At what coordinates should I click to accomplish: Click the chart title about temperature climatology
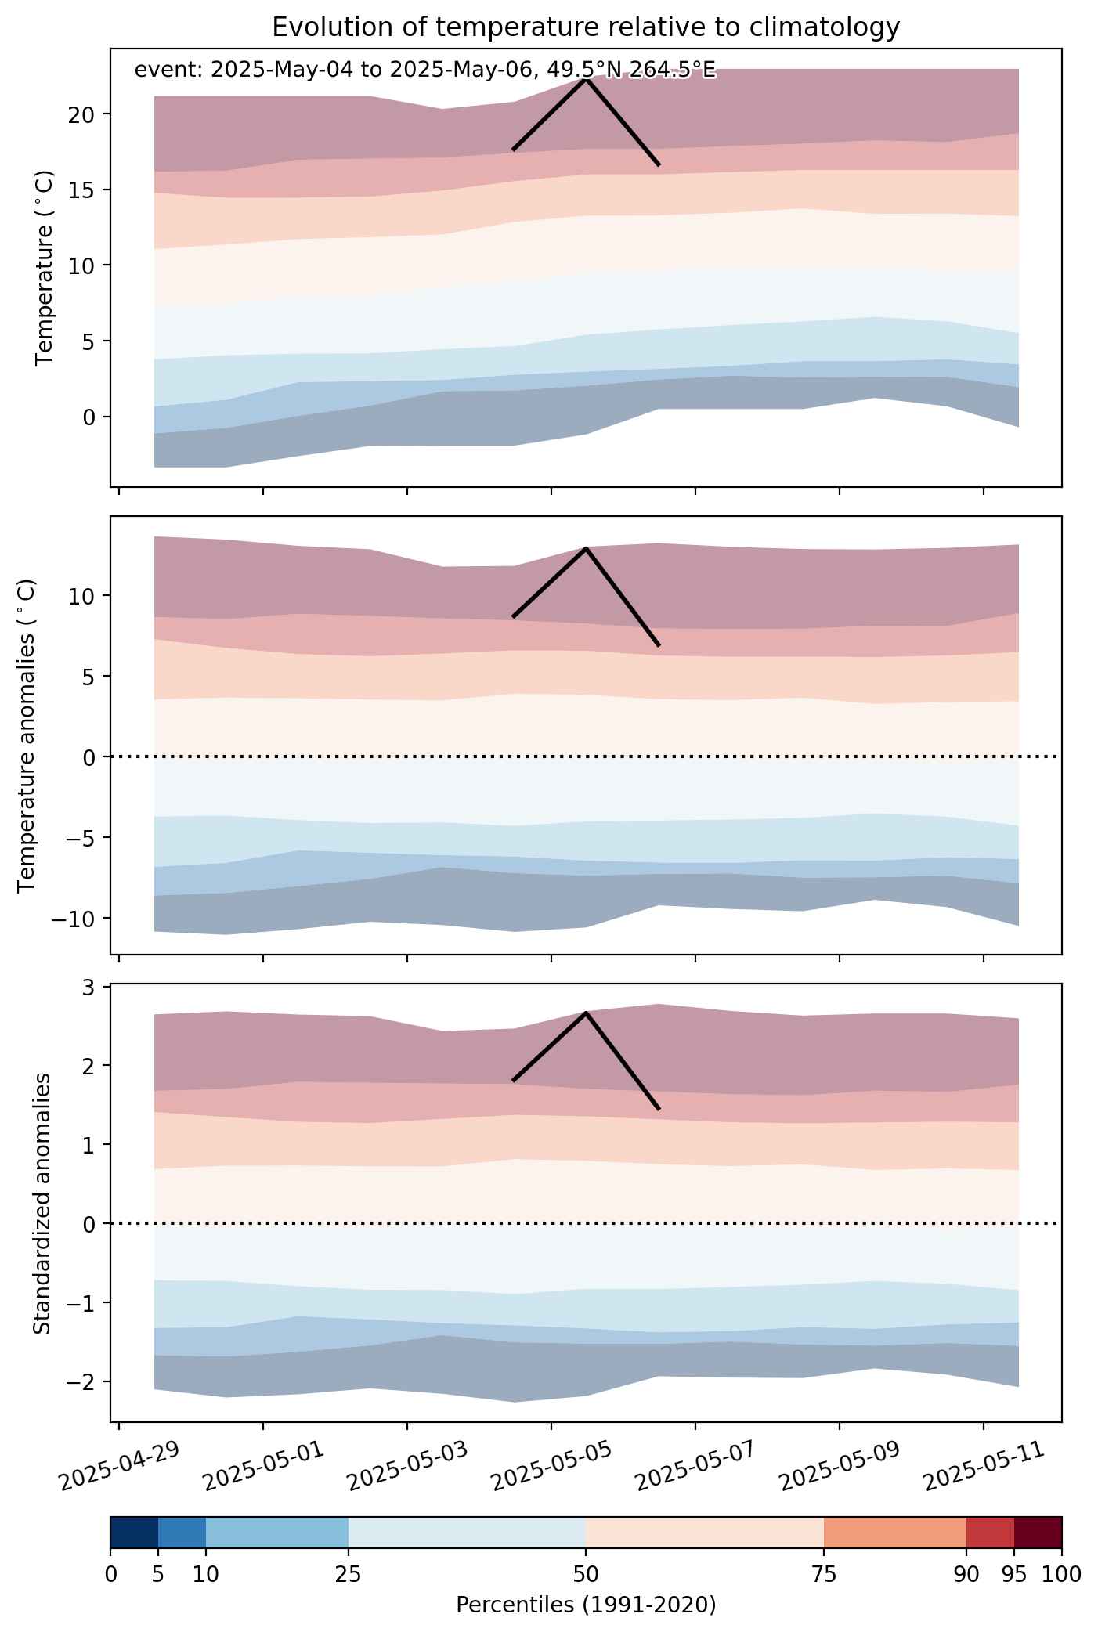point(586,27)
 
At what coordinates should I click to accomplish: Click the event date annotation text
point(425,70)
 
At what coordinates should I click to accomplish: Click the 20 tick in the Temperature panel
point(83,114)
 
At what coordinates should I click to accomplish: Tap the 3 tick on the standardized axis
point(89,987)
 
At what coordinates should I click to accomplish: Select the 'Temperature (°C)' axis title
point(45,267)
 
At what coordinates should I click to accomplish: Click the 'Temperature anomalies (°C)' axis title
point(27,735)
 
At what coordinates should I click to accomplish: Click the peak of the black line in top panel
point(586,79)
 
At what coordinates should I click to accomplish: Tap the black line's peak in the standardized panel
point(586,1013)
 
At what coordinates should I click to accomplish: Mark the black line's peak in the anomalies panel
point(586,548)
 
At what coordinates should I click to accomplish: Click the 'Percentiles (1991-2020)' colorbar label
point(586,1605)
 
